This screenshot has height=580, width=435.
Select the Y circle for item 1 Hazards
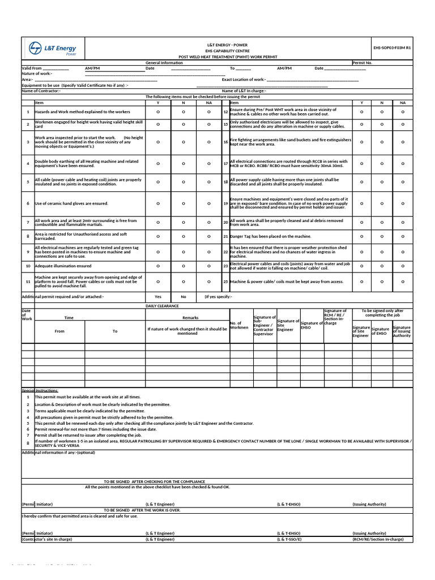[x=157, y=112]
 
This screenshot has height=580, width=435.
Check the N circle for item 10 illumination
[x=184, y=266]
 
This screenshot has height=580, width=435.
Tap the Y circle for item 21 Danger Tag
[x=362, y=236]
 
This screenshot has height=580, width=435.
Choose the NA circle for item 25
[x=403, y=282]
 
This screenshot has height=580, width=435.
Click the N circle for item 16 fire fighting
[x=382, y=142]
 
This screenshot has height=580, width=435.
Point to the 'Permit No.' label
[x=362, y=63]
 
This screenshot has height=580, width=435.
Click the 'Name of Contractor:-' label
[x=40, y=91]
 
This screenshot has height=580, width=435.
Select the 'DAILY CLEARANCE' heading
[x=162, y=305]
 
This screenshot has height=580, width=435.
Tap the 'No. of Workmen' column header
[x=236, y=325]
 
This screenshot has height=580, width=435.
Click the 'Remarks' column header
[x=190, y=318]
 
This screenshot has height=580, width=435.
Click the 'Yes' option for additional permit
[x=157, y=296]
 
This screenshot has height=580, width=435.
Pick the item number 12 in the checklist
[x=225, y=112]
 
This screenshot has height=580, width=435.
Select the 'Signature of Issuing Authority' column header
[x=402, y=331]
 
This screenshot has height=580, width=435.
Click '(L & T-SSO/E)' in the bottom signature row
[x=289, y=539]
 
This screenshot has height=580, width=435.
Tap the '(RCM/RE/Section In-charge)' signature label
[x=378, y=539]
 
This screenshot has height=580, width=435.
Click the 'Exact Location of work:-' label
[x=244, y=79]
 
